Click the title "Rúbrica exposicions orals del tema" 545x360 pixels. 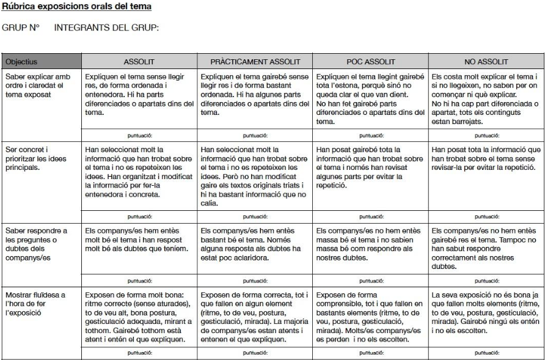[76, 7]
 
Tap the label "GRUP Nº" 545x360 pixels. [21, 28]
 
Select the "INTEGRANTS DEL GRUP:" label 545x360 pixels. [106, 28]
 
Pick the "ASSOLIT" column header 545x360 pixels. [139, 62]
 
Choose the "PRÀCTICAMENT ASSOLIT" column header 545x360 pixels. [255, 62]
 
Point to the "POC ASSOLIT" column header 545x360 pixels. [370, 62]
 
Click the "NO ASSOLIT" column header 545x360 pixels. [486, 62]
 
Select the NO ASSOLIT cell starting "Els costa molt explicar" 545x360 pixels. [486, 99]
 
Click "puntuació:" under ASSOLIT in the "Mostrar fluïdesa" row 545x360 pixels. [139, 353]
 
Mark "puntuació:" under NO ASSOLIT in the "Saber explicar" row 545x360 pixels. [486, 136]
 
